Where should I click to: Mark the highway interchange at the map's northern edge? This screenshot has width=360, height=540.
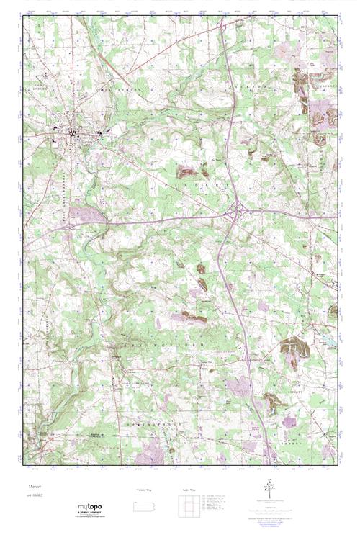pos(224,26)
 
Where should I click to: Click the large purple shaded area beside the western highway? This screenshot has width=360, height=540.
pos(82,214)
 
